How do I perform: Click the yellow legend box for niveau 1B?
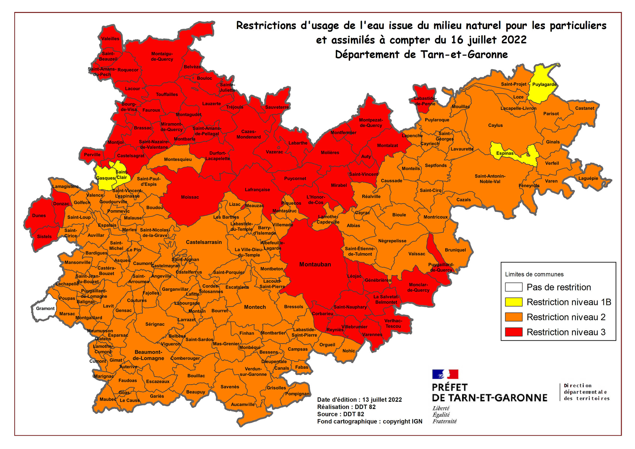point(514,302)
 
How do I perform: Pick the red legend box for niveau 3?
point(514,332)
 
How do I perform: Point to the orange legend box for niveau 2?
point(514,317)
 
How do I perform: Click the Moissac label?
point(190,197)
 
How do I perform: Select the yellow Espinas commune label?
point(505,153)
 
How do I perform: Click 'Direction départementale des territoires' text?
point(586,392)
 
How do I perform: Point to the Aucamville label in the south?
point(243,404)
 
